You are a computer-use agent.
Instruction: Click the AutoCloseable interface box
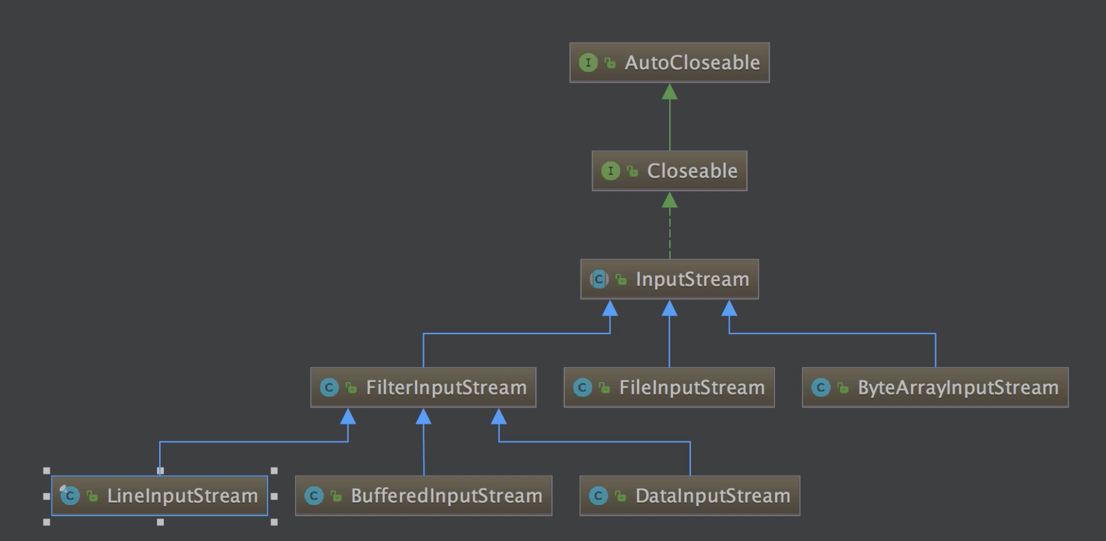669,63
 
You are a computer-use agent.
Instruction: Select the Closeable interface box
669,171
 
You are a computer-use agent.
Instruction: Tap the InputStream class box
669,279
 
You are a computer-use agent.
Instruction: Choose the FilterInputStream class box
423,388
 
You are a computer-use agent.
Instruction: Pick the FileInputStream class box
669,388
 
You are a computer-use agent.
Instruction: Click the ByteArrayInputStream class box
935,388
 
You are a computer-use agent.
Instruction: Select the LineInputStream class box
160,496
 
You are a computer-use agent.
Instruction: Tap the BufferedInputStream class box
423,496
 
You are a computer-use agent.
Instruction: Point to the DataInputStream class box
690,496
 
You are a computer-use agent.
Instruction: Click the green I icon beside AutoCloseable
588,63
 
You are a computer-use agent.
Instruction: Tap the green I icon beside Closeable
610,171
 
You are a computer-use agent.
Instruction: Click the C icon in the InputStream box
599,279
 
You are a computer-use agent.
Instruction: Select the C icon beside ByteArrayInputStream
821,388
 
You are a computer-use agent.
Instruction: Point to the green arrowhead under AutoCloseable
670,92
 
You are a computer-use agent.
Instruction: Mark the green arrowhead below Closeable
670,201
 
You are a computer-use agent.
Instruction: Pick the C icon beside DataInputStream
598,496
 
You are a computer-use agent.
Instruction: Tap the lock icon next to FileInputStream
605,388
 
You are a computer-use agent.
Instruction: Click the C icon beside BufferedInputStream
314,496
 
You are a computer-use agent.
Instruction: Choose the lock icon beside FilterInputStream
351,388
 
